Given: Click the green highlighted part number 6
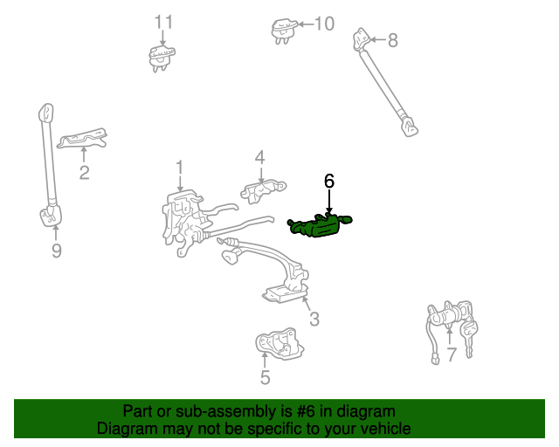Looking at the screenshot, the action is pyautogui.click(x=319, y=225).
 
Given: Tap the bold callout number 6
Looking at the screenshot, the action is pyautogui.click(x=329, y=181).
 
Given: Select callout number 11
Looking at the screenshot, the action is pyautogui.click(x=163, y=22).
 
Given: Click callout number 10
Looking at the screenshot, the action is pyautogui.click(x=324, y=24).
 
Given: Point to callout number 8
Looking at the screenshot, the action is pyautogui.click(x=392, y=40).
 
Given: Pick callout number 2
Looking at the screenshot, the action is pyautogui.click(x=84, y=173).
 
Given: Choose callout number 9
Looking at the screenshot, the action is pyautogui.click(x=56, y=251).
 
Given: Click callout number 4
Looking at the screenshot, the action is pyautogui.click(x=260, y=157).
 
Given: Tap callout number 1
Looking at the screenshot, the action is pyautogui.click(x=179, y=168).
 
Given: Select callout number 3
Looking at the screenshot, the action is pyautogui.click(x=314, y=319).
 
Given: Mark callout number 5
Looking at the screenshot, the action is pyautogui.click(x=265, y=377).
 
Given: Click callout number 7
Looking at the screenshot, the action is pyautogui.click(x=452, y=354).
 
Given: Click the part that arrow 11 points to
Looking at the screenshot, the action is pyautogui.click(x=162, y=58).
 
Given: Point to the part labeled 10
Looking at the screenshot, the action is pyautogui.click(x=284, y=31).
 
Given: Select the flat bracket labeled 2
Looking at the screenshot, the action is pyautogui.click(x=83, y=138).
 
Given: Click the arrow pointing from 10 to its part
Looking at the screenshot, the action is pyautogui.click(x=306, y=24).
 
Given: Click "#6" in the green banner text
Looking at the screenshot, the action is pyautogui.click(x=306, y=411).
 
